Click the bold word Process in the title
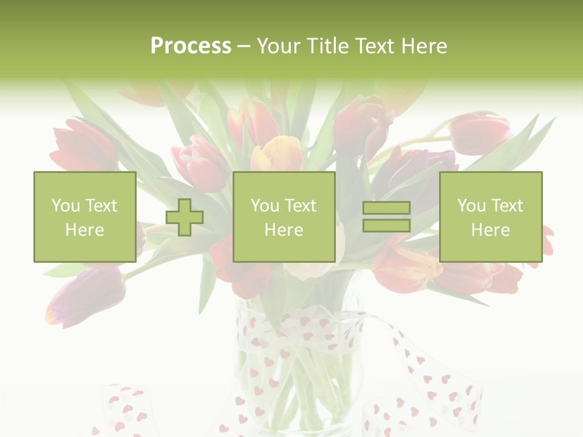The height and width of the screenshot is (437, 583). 191,46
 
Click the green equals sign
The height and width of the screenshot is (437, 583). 386,217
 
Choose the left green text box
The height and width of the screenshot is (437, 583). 85,217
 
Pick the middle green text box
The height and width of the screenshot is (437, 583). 284,217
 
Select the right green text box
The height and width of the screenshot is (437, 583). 491,217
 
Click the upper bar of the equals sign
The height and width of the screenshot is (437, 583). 386,208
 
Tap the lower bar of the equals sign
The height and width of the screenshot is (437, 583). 386,226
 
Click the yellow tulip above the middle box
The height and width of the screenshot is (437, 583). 278,154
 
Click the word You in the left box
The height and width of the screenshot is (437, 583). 65,206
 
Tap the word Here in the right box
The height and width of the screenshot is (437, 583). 491,230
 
